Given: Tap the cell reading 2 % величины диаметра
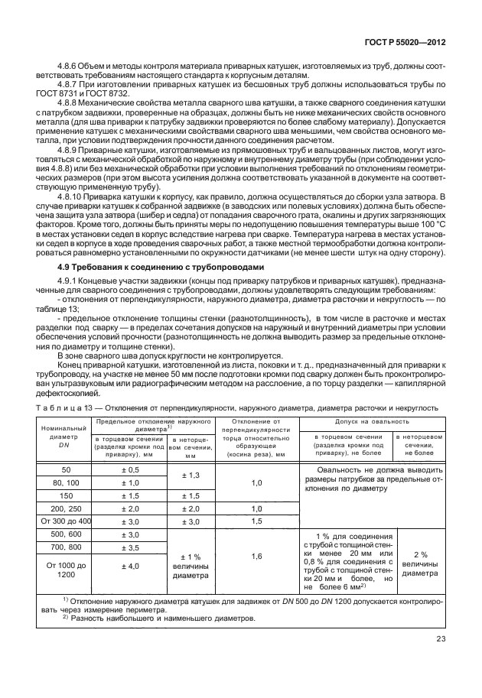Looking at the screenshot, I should click(419, 563).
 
